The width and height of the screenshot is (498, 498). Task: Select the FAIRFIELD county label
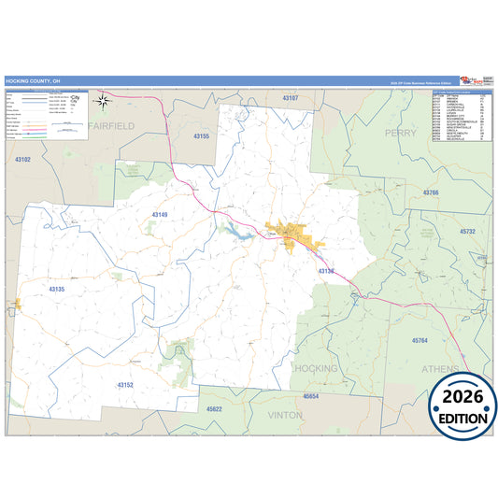click(111, 125)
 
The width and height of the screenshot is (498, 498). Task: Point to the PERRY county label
click(401, 134)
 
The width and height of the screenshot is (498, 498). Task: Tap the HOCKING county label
click(315, 368)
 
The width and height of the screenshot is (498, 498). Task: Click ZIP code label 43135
click(56, 290)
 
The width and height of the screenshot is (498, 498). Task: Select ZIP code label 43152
click(125, 385)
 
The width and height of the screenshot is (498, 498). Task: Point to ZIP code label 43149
click(160, 215)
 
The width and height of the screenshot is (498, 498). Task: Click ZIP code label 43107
click(291, 98)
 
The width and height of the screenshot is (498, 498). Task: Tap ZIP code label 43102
click(22, 160)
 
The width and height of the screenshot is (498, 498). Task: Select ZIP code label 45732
click(468, 231)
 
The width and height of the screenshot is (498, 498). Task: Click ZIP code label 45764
click(420, 341)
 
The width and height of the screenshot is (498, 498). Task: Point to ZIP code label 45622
click(214, 409)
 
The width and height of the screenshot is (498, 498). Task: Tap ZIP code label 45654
click(311, 396)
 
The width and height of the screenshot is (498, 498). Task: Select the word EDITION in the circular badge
click(462, 418)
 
